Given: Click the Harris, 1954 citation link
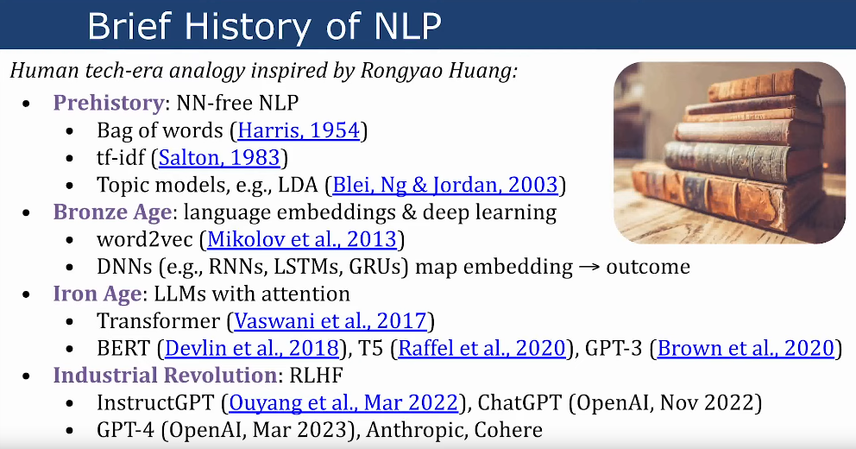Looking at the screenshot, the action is point(299,130).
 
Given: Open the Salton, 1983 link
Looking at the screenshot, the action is point(219,158).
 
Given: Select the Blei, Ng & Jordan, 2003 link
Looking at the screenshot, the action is point(445,185).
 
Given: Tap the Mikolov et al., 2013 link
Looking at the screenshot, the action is point(302,239).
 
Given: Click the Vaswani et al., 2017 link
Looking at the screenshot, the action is point(330,321).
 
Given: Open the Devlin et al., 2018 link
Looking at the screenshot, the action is point(252,349).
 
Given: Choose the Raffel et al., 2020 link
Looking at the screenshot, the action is point(482,349).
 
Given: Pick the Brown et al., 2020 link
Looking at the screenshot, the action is point(746,349).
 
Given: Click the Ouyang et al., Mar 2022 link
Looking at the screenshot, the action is point(343,403).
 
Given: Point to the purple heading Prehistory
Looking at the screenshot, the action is point(109,104).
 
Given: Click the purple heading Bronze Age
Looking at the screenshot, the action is point(112,212).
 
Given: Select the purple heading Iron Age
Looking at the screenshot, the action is point(98,294).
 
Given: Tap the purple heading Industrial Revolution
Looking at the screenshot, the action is point(165,376).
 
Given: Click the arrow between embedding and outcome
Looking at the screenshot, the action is point(589,268).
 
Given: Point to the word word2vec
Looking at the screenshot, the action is point(145,240).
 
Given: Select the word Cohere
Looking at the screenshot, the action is point(508,430).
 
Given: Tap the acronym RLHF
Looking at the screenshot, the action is point(316,376).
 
